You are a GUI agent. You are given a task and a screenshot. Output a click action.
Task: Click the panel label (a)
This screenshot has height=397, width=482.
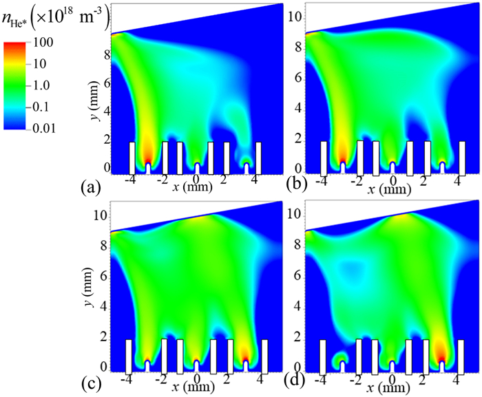coord(90,186)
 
